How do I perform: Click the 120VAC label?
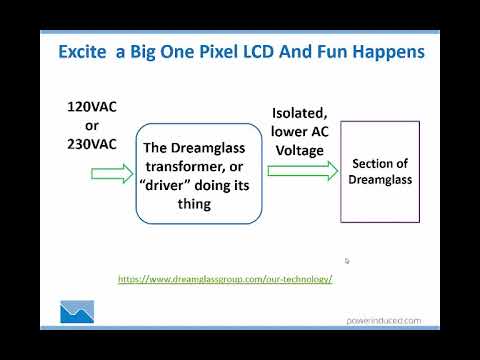[92, 106]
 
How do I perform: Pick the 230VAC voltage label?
[92, 142]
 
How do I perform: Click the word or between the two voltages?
[91, 124]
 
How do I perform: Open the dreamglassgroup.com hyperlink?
[225, 279]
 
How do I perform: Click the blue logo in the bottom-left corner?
[77, 314]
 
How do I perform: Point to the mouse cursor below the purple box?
[347, 261]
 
